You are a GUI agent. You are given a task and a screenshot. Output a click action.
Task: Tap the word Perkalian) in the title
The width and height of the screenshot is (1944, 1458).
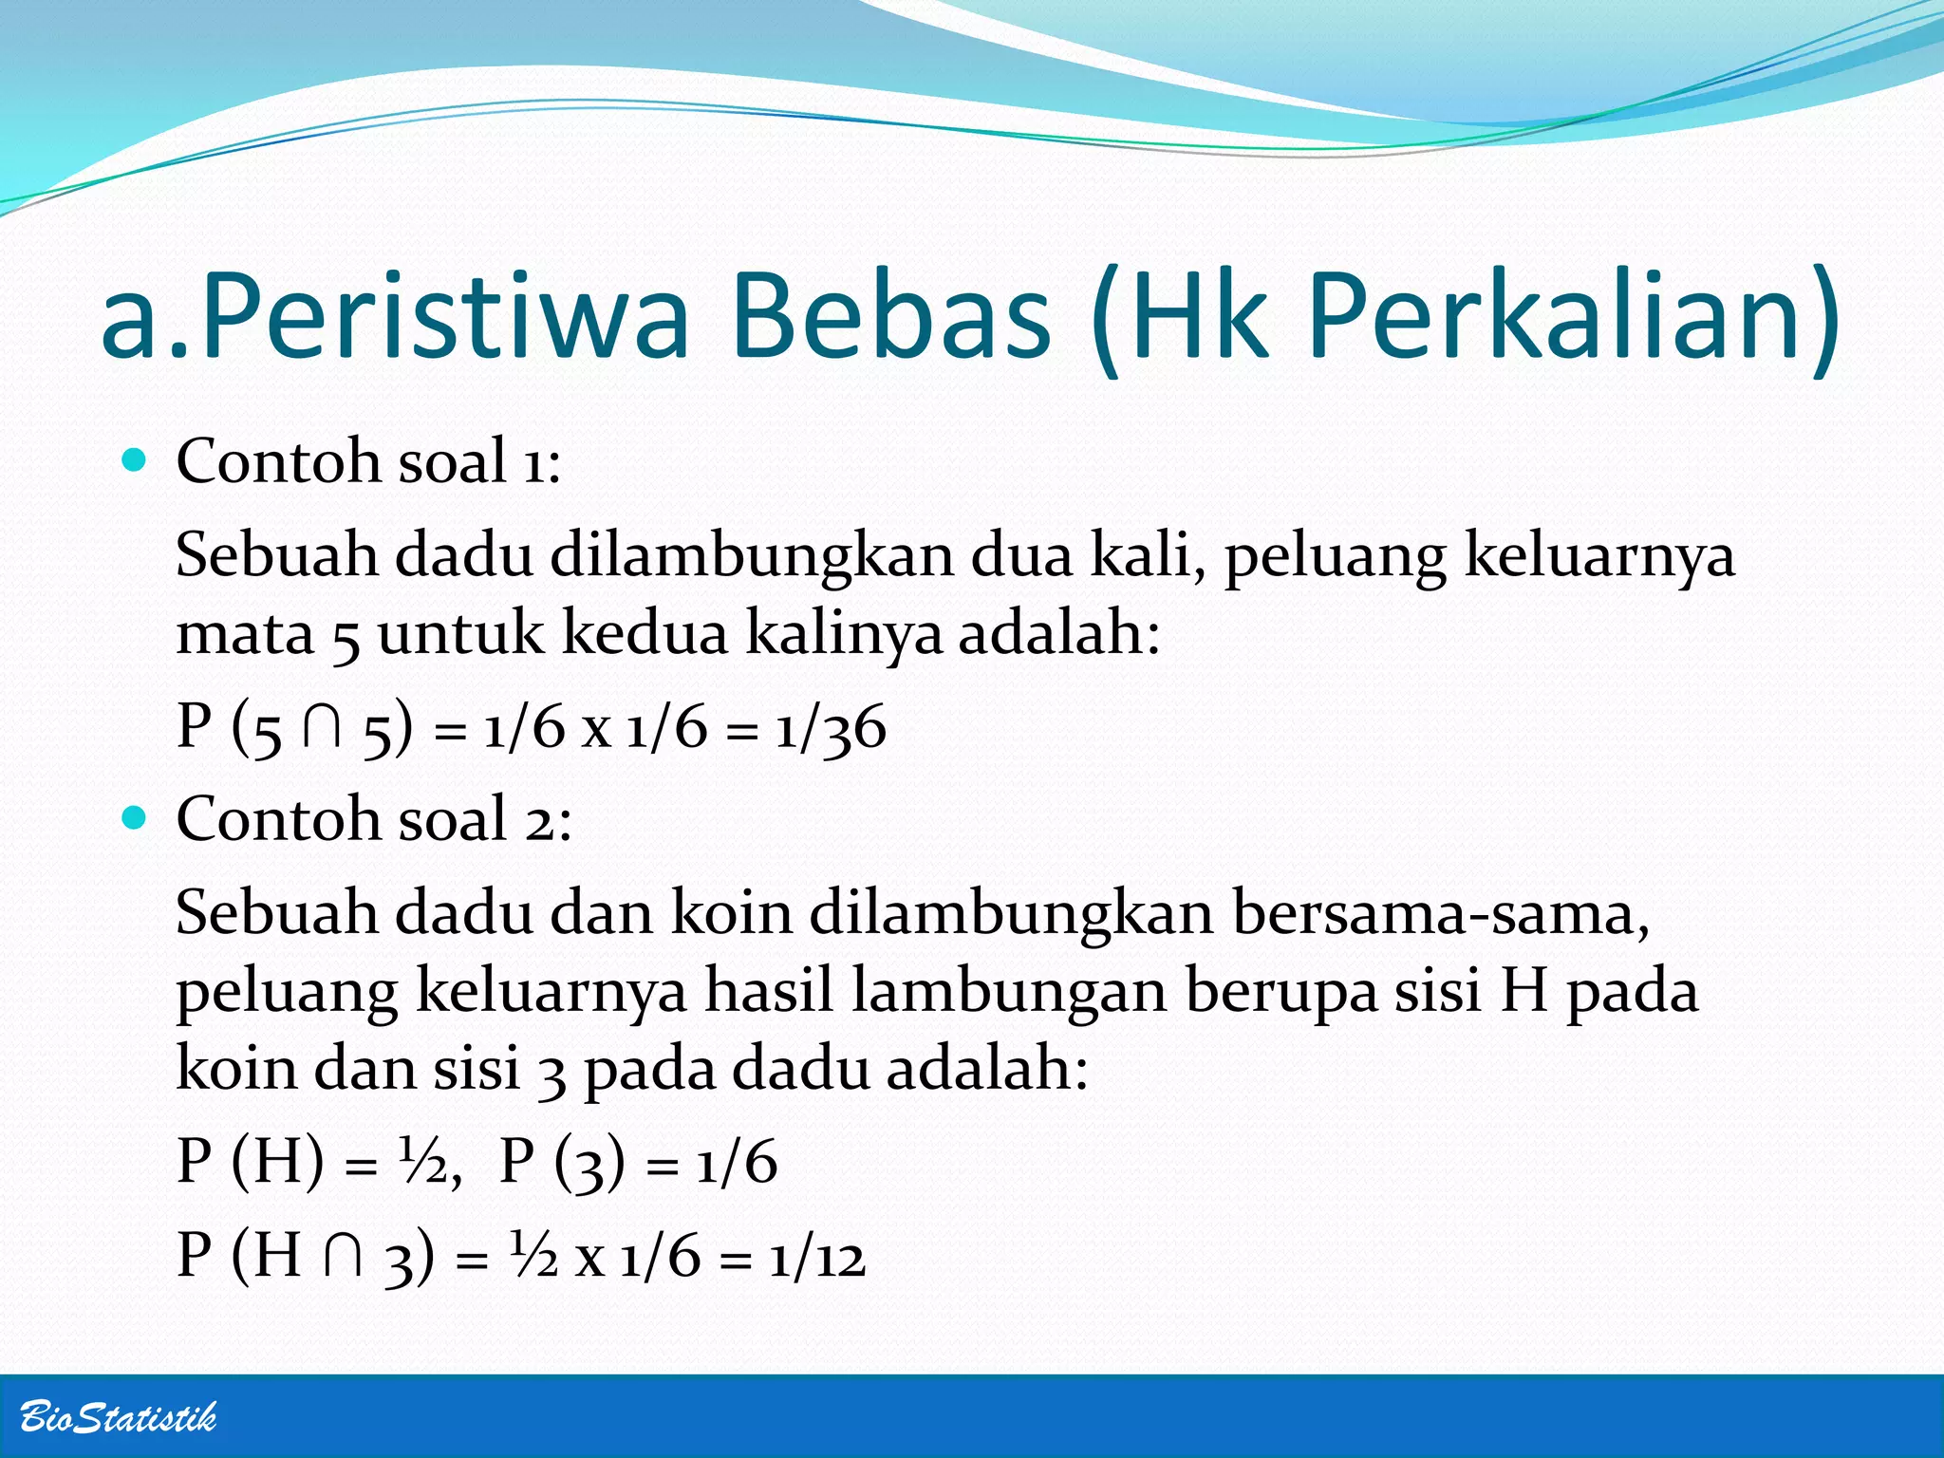pos(1574,318)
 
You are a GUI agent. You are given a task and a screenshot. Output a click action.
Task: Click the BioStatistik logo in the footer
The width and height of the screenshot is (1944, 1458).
pos(118,1417)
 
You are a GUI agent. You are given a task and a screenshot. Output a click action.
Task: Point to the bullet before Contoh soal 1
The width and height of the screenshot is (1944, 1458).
pos(136,461)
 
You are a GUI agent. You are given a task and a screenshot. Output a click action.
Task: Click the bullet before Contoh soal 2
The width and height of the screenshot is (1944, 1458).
pos(136,818)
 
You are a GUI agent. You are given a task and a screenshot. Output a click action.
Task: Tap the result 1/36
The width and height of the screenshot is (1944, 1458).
pos(831,729)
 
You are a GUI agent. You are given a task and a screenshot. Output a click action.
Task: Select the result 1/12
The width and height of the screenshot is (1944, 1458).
pos(817,1258)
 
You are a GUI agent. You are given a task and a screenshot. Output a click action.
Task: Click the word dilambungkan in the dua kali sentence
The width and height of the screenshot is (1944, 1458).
pos(752,555)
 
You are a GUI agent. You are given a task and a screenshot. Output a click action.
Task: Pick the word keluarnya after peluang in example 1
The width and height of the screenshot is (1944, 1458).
pos(1599,555)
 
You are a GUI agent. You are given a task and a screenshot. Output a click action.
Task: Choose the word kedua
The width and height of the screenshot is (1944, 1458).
pos(645,633)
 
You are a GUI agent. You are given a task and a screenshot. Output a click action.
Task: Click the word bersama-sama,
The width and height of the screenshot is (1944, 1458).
pos(1441,913)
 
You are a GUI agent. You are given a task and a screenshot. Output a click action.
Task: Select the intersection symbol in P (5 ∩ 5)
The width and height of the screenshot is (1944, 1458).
pos(322,729)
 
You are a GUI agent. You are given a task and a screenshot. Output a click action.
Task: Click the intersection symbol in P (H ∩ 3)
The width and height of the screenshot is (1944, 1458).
pos(342,1258)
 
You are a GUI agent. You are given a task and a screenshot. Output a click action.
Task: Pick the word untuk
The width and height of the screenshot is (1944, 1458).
pos(461,633)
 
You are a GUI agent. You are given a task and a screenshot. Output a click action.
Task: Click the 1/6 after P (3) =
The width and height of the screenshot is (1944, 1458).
pos(737,1163)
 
